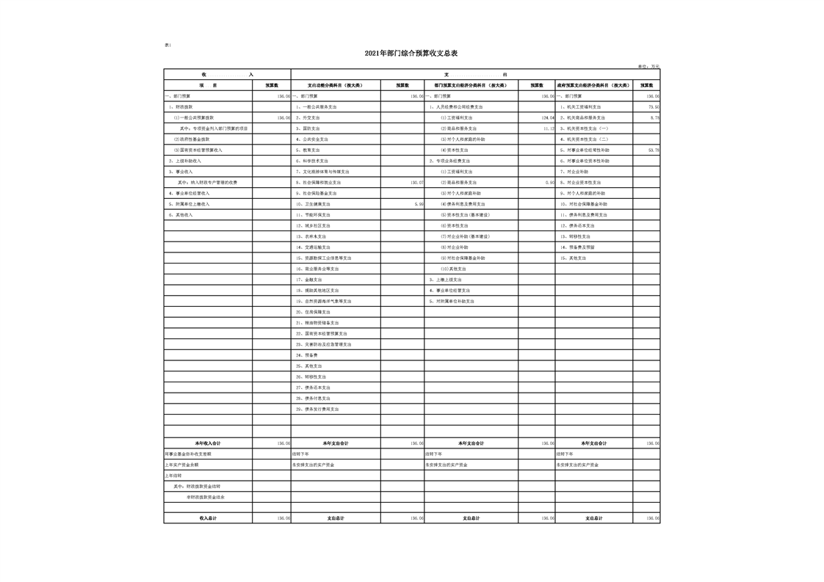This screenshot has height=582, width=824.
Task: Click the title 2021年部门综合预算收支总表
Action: coord(411,54)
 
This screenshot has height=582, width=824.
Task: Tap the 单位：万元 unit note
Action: coord(648,66)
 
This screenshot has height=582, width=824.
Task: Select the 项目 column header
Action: coord(208,85)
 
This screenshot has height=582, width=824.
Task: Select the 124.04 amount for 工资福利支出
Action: coord(547,117)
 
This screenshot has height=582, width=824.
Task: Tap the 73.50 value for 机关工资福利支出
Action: coord(653,106)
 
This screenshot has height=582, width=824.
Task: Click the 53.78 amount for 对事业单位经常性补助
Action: coord(653,150)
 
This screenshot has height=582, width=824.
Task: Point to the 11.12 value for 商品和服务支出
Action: coord(548,128)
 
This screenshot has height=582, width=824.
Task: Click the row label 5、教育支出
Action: coord(311,150)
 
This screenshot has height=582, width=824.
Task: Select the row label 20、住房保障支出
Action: coord(316,312)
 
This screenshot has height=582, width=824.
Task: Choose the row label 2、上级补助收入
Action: coord(184,161)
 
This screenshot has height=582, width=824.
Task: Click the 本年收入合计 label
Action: coord(208,443)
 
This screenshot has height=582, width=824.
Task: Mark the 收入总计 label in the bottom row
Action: coord(208,518)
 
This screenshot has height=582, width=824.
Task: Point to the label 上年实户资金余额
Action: coord(181,465)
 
